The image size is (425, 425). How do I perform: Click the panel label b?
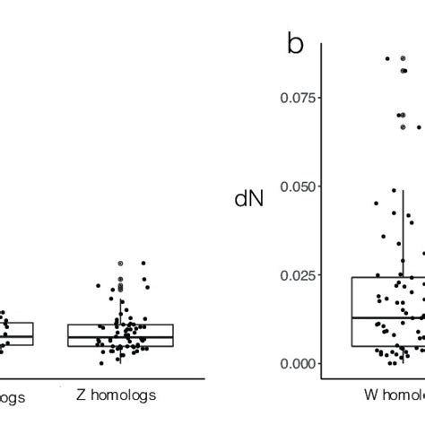pos(296,43)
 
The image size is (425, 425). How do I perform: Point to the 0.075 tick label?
pos(299,98)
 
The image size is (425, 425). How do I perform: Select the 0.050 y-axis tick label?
pos(299,186)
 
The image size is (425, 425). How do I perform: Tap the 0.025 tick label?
pos(299,274)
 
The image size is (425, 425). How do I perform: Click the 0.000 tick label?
pos(299,362)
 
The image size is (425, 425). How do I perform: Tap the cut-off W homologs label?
pos(395,394)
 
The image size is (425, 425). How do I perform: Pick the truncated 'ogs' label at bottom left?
pos(12,394)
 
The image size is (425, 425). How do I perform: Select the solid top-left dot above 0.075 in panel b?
pos(387,58)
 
